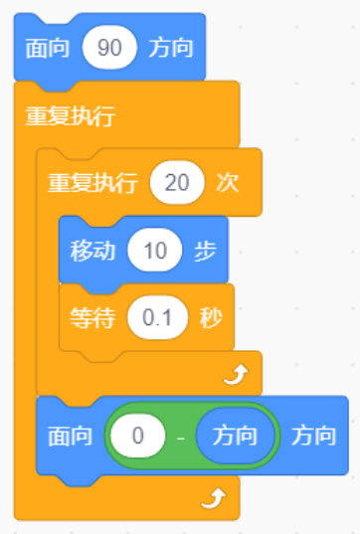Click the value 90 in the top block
pos(110,48)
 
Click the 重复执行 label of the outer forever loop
pos(70,115)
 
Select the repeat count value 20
pos(175,183)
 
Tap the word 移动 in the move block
pos(92,251)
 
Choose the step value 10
pos(154,251)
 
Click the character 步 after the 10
pos(206,251)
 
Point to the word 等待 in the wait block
pos(92,318)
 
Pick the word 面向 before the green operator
pos(71,436)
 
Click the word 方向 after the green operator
pos(314,436)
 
